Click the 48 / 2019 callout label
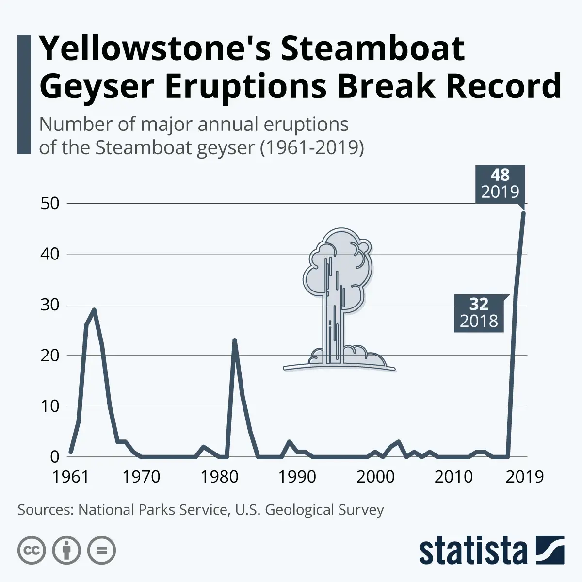click(x=500, y=183)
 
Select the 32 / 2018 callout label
click(x=479, y=313)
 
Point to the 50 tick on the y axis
click(x=49, y=203)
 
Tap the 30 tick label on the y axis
click(x=49, y=305)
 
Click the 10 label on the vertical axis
click(x=49, y=406)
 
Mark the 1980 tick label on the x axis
click(x=219, y=476)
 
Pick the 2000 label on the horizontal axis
click(x=375, y=476)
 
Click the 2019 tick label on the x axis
click(x=524, y=476)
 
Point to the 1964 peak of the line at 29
click(x=94, y=309)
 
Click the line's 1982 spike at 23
click(x=235, y=340)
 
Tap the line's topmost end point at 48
click(x=523, y=213)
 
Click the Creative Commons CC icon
click(x=32, y=550)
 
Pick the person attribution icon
click(x=66, y=550)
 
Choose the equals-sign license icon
click(x=101, y=550)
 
